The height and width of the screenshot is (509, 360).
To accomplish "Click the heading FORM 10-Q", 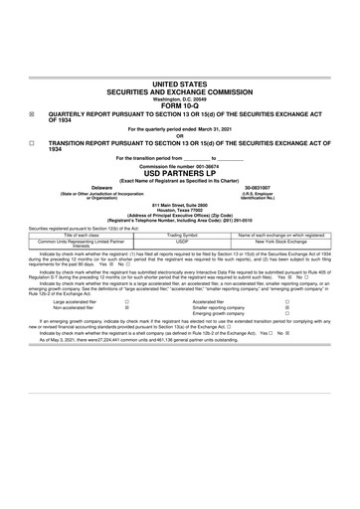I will point(180,106).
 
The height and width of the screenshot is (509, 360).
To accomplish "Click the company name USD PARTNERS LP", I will point(180,172).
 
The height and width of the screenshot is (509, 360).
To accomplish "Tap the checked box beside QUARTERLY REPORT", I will point(32,113).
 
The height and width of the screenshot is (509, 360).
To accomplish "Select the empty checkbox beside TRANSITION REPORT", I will point(32,143).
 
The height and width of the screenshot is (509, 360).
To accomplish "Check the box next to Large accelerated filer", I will point(126,301).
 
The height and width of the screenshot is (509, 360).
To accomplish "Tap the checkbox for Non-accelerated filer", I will point(126,308).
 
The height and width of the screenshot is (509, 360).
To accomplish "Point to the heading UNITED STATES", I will point(180,85).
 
